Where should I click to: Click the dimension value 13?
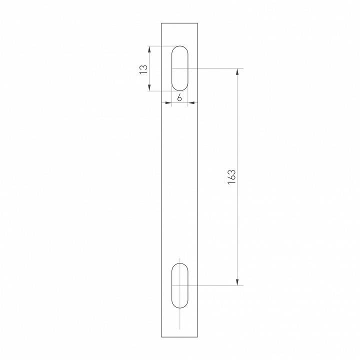[x=144, y=68]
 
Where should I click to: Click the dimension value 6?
[x=179, y=97]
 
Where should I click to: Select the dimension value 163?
[x=231, y=177]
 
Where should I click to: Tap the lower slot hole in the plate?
[x=180, y=285]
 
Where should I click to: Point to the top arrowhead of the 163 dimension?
[x=237, y=71]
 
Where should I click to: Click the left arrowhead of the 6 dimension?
[x=169, y=103]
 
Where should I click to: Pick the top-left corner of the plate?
[x=161, y=23]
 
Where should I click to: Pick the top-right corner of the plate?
[x=198, y=23]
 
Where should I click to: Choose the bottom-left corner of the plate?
[x=161, y=337]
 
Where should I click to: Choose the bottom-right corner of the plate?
[x=198, y=337]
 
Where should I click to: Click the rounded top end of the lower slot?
[x=180, y=264]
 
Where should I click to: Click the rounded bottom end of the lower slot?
[x=180, y=307]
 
